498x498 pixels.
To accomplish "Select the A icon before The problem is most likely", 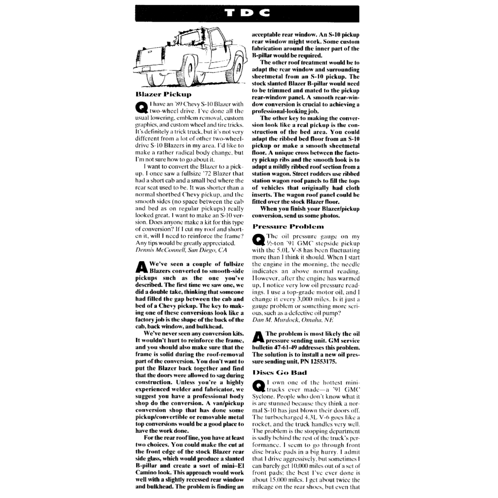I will [x=258, y=337].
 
